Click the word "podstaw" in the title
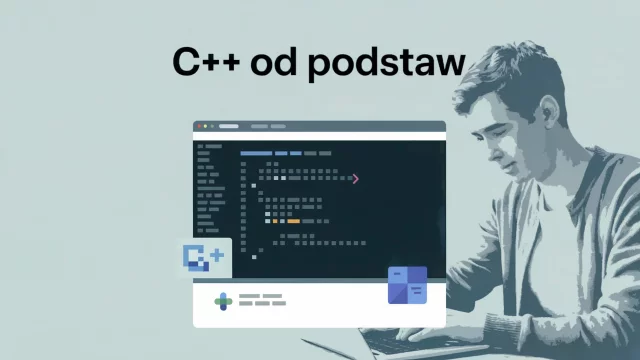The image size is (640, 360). tap(387, 63)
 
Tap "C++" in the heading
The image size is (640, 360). tap(209, 61)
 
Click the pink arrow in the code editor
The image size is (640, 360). tap(355, 179)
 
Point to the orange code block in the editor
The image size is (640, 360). tap(293, 221)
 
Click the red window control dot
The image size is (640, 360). tap(199, 126)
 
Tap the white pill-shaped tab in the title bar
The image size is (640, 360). tap(229, 126)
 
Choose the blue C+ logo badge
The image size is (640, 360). tap(206, 259)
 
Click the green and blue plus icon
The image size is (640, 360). tap(223, 300)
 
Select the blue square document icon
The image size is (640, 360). tap(407, 285)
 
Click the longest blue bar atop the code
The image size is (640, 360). tap(256, 153)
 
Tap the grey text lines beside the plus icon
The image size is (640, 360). tap(262, 299)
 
